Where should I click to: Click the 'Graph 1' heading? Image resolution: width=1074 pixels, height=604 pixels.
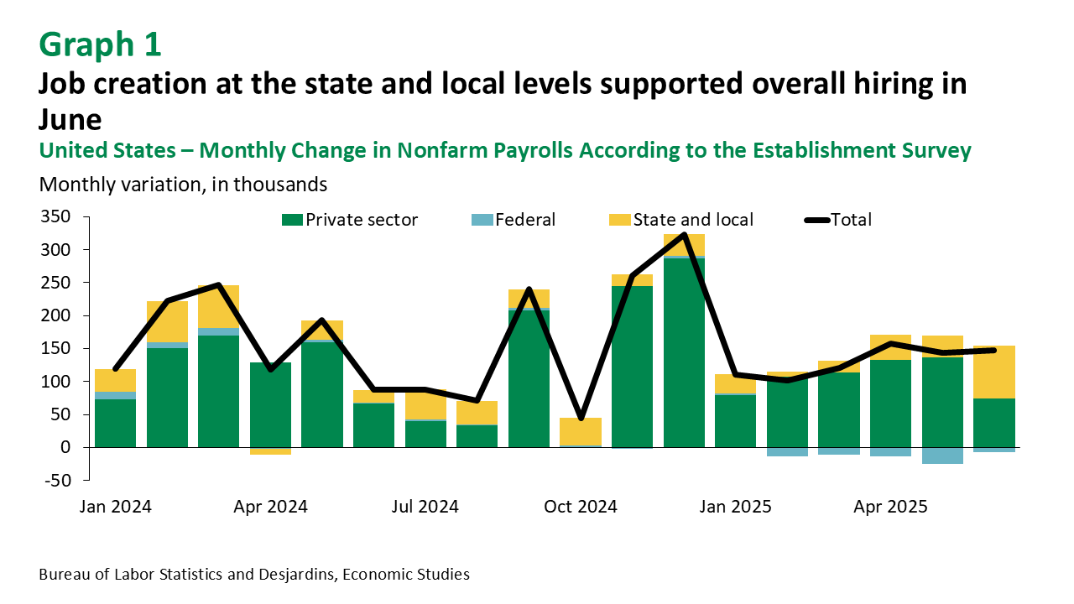(x=100, y=44)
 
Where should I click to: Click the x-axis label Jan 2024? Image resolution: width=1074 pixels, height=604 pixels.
(x=117, y=507)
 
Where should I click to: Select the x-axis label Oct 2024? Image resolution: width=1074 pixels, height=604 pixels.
(x=581, y=507)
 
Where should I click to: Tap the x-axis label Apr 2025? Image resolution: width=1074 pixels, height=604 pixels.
(x=890, y=507)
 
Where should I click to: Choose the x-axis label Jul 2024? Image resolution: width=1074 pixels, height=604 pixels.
(x=425, y=507)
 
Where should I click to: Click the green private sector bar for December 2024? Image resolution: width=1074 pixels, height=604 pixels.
(x=684, y=352)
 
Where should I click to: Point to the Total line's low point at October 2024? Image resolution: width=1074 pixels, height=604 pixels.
(x=581, y=418)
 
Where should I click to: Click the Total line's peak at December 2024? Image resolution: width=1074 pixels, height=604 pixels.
(x=684, y=235)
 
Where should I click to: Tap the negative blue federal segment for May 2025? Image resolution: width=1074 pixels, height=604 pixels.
(x=942, y=456)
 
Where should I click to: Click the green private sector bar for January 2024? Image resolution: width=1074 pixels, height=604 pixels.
(x=116, y=423)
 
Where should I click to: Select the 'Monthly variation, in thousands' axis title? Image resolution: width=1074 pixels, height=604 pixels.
(x=183, y=183)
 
